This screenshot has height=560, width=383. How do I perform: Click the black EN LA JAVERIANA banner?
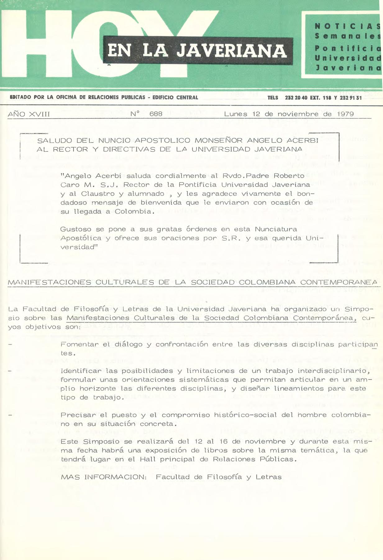[x=198, y=51]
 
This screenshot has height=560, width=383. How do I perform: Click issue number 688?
[x=156, y=114]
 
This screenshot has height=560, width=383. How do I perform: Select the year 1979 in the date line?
[x=345, y=114]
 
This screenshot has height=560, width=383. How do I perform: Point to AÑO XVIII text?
[x=29, y=114]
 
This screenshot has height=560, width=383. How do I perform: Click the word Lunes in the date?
[x=236, y=114]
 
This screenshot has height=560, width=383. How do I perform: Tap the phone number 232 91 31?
[x=351, y=98]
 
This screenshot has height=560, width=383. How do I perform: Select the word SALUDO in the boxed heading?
[x=55, y=140]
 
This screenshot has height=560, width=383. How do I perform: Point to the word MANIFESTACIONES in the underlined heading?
[x=49, y=282]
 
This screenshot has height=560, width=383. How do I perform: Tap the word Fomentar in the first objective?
[x=80, y=344]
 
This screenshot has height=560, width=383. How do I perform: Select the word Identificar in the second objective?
[x=81, y=371]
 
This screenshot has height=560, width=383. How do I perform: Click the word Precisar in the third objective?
[x=78, y=415]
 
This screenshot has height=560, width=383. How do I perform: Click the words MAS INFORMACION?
[x=103, y=477]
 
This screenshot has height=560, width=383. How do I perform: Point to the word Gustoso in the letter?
[x=76, y=229]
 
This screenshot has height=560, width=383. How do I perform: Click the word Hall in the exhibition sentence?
[x=148, y=459]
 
